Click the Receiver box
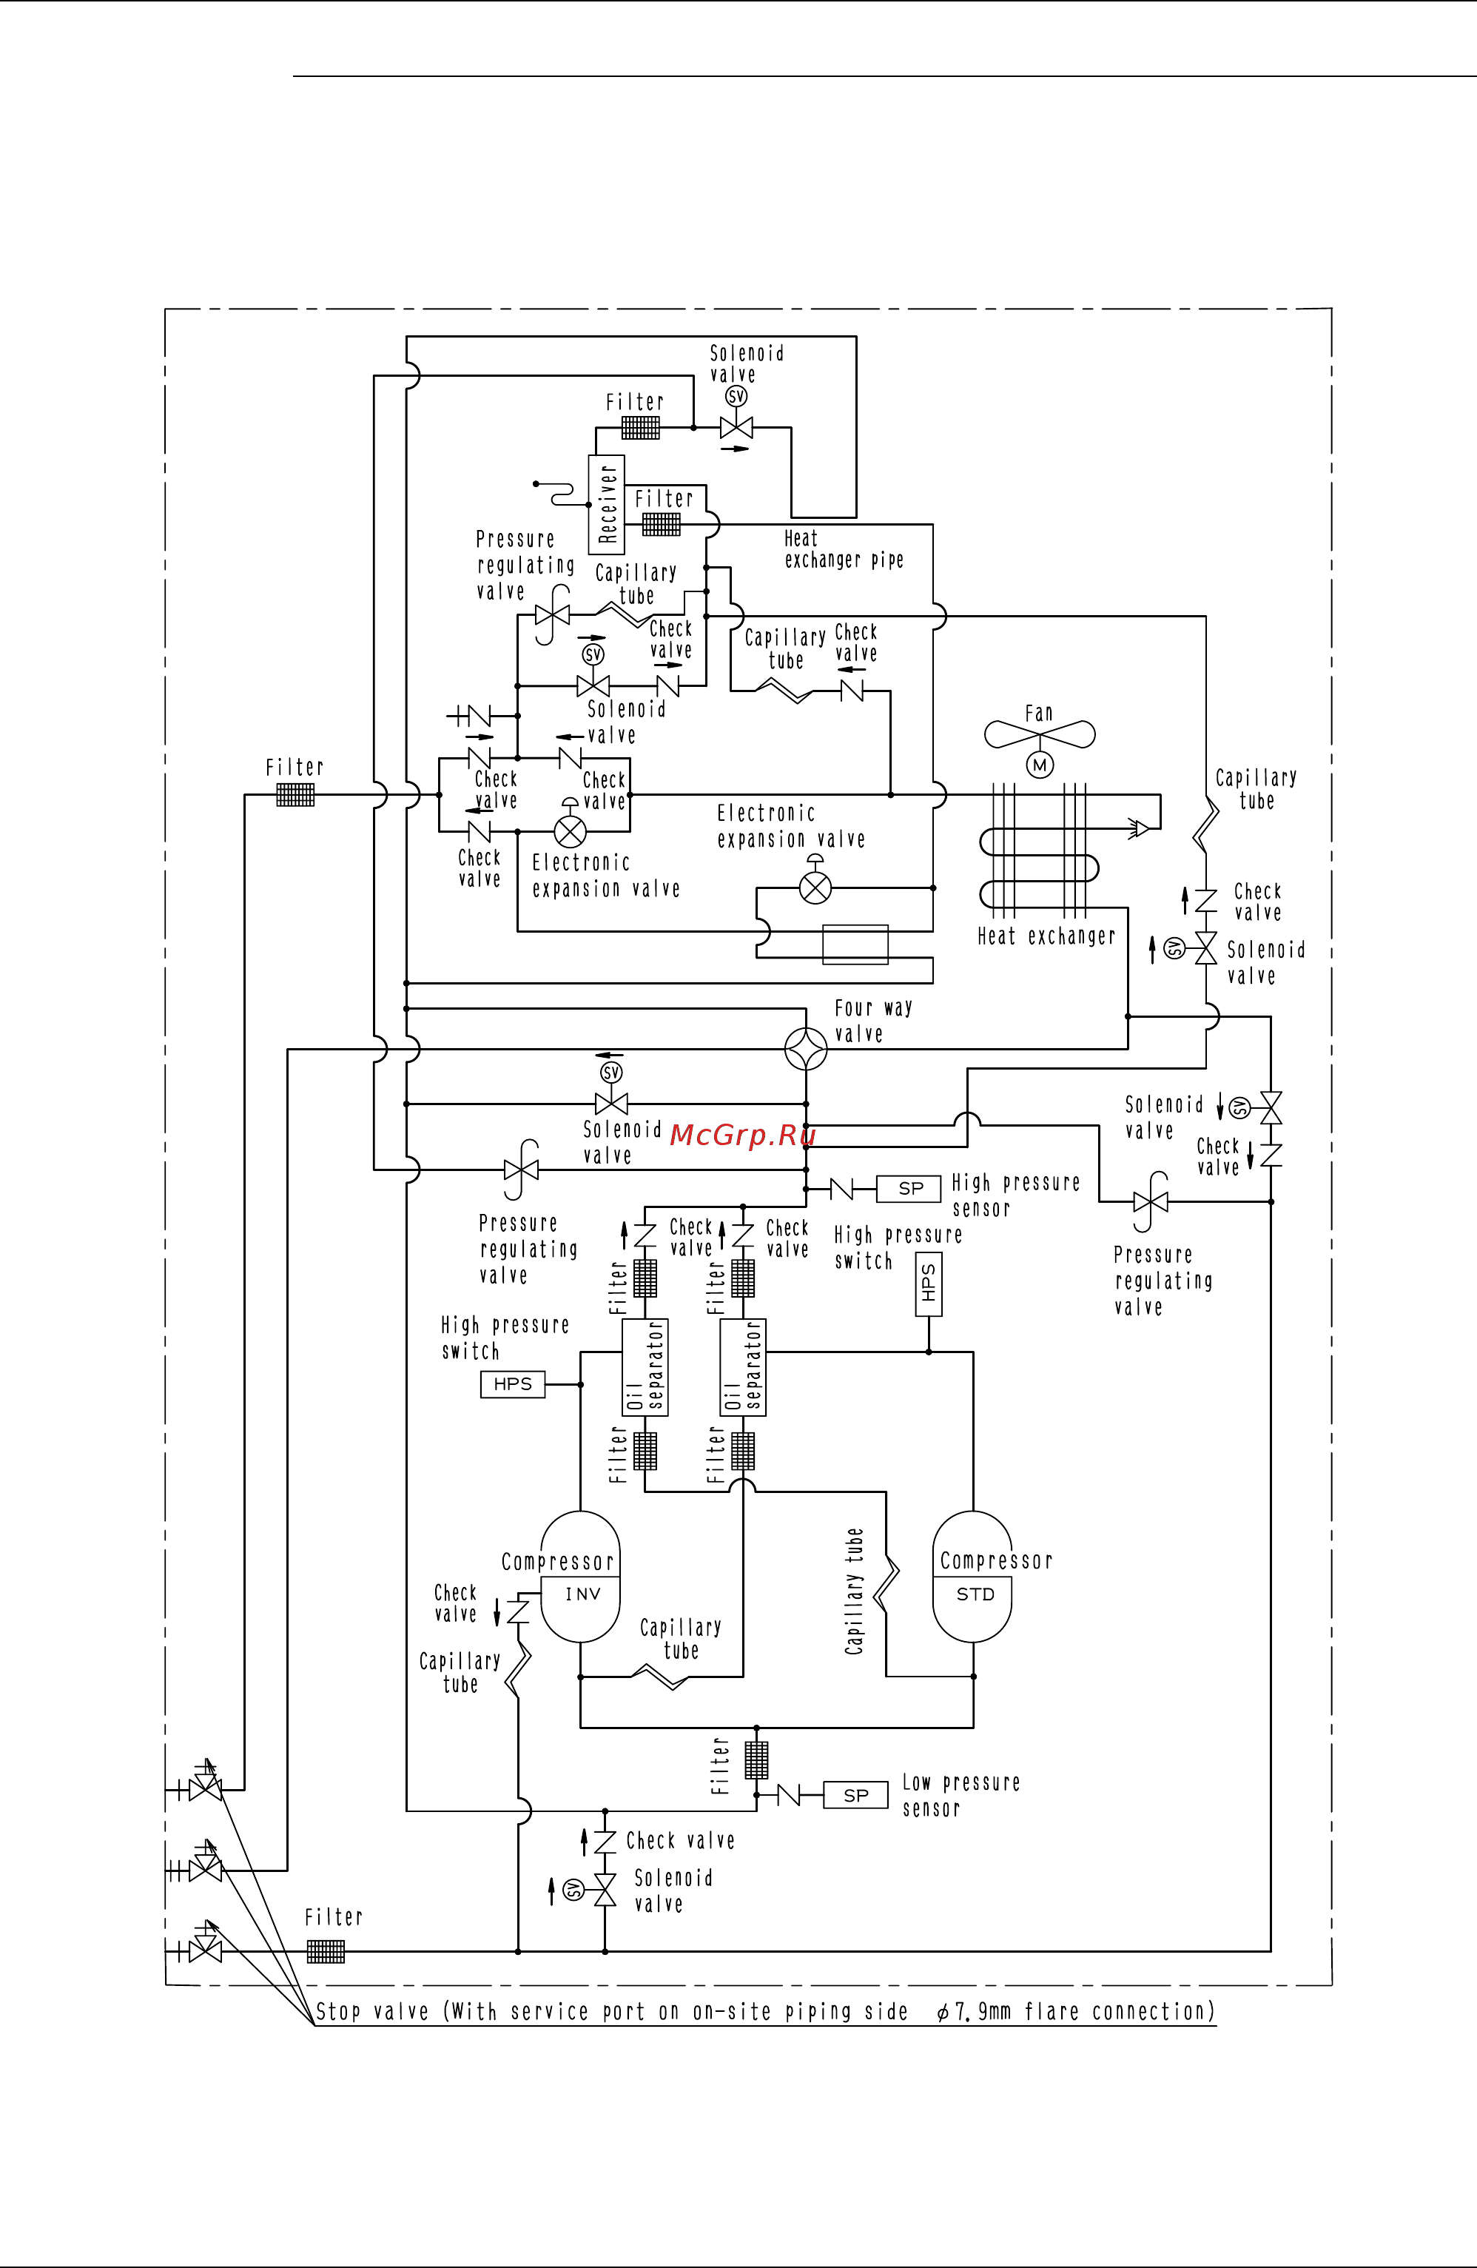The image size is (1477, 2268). tap(607, 504)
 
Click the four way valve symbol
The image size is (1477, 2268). tap(806, 1049)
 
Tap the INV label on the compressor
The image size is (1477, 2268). tap(582, 1594)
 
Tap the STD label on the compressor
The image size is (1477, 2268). tap(975, 1594)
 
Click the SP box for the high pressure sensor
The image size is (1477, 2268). tap(909, 1188)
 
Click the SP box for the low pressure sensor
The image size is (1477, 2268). tap(855, 1795)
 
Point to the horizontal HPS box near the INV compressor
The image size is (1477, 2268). tap(513, 1383)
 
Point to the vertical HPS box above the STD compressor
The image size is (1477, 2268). tap(928, 1284)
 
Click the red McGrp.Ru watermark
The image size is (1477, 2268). tap(742, 1135)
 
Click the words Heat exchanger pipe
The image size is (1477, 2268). tap(844, 550)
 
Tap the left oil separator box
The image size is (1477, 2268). tap(645, 1366)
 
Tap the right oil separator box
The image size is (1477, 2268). tap(743, 1366)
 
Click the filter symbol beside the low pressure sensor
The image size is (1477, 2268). tap(756, 1761)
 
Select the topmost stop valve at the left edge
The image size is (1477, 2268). tap(205, 1790)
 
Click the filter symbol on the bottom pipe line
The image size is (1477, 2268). tap(326, 1952)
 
